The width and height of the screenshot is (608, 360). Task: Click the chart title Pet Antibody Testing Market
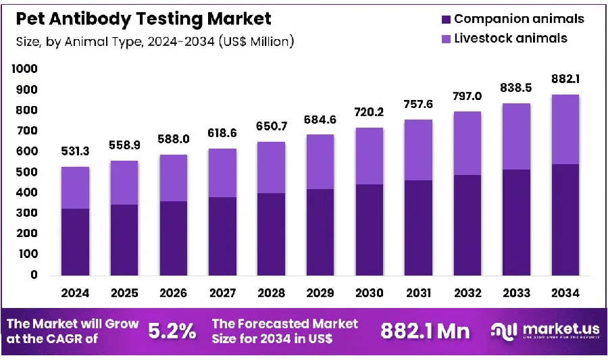(x=143, y=19)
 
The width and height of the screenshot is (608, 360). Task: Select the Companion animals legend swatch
(x=446, y=20)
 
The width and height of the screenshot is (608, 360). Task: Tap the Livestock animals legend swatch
(x=446, y=38)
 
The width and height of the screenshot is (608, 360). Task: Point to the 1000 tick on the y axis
(x=24, y=69)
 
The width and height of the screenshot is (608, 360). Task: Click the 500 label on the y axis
(x=27, y=172)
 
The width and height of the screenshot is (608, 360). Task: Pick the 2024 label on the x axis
(x=75, y=293)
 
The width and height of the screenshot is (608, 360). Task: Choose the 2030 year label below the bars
(x=369, y=293)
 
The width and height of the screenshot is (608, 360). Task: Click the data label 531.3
(x=75, y=151)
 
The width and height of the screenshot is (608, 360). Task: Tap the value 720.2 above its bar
(x=369, y=112)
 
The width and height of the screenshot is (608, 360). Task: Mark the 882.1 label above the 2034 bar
(x=565, y=79)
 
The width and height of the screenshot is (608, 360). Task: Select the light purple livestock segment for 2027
(x=222, y=173)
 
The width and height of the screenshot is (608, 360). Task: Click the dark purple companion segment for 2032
(x=467, y=225)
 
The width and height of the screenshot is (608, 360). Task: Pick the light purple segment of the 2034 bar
(x=565, y=129)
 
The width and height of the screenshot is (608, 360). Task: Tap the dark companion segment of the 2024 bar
(x=75, y=242)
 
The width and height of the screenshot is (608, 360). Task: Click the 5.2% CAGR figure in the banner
(x=172, y=332)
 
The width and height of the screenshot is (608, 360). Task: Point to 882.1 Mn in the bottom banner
(x=425, y=332)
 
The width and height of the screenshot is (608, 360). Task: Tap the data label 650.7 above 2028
(x=272, y=126)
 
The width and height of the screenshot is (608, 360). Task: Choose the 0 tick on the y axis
(x=34, y=275)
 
